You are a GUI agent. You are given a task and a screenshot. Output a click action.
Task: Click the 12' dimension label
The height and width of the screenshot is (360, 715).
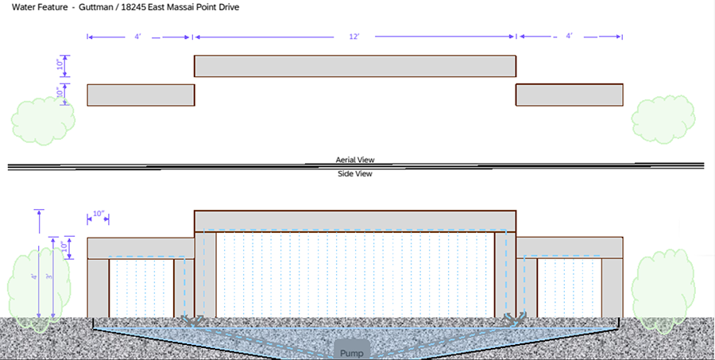click(355, 37)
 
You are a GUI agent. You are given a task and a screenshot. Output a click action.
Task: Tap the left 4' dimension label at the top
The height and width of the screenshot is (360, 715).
click(138, 37)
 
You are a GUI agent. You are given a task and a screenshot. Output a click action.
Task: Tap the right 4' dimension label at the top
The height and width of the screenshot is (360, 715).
click(569, 37)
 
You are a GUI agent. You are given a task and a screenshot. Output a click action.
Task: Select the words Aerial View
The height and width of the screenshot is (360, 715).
click(355, 160)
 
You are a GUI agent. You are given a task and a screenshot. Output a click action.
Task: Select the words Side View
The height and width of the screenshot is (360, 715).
click(355, 173)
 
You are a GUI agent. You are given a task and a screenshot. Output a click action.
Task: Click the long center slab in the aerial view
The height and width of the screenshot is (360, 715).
click(355, 66)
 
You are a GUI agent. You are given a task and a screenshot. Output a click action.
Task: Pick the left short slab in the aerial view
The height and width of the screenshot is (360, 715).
click(141, 95)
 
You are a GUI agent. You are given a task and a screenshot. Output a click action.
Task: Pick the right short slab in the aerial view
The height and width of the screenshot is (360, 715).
click(569, 95)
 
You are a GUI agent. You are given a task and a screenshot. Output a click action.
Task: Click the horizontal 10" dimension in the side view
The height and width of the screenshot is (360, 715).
click(98, 215)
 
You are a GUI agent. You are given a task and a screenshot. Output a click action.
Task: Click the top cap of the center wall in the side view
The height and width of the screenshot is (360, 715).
click(355, 220)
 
